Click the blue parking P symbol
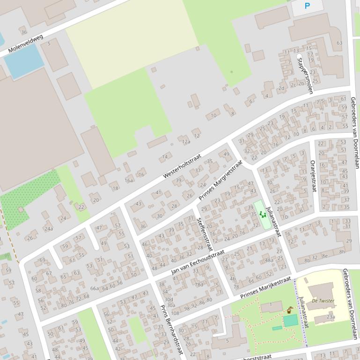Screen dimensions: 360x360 point(307,6)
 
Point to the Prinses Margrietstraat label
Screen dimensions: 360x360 point(220,180)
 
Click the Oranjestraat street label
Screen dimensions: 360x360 point(313,176)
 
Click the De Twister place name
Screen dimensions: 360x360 point(323,301)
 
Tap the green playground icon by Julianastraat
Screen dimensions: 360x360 point(262,214)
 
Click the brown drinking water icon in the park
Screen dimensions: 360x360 point(290,310)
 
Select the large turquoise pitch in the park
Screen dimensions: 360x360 point(291,321)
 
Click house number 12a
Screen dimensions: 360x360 point(186,142)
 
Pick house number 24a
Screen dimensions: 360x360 point(48,229)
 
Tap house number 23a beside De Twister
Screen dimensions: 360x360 point(331,317)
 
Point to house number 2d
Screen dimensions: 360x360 point(281,88)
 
